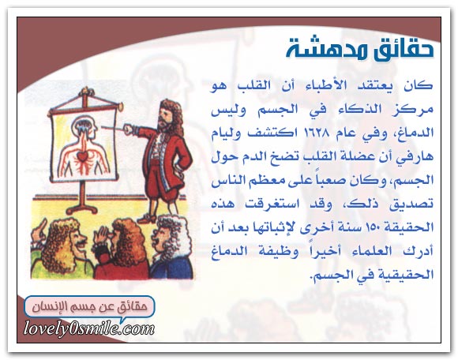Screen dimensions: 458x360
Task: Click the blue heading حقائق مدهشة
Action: coord(359,50)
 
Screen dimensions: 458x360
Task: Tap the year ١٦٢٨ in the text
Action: coord(313,133)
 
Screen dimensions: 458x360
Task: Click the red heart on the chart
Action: coord(82,156)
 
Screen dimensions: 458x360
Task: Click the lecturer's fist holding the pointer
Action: coord(129,129)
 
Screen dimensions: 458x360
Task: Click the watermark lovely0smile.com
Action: coord(88,329)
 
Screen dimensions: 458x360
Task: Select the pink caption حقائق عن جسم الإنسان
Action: coord(90,307)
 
